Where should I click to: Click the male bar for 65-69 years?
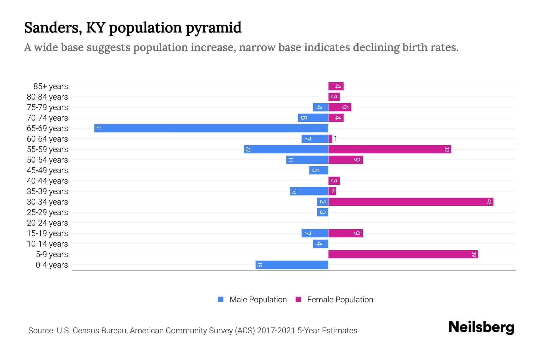(211, 128)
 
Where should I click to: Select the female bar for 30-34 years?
(411, 202)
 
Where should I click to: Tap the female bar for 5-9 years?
(403, 254)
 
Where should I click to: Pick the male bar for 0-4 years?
(292, 265)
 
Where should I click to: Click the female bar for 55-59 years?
(389, 149)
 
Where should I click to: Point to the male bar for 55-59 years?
(286, 149)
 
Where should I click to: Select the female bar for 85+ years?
(336, 86)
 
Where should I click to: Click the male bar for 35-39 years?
(309, 191)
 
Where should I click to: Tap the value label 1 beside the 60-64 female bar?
(335, 139)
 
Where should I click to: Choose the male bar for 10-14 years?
(320, 244)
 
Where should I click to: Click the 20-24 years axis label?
(47, 223)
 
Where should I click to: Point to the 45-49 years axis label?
(47, 170)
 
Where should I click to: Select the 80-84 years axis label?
(47, 97)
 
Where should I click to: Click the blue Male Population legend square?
(221, 299)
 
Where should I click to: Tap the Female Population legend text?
(340, 299)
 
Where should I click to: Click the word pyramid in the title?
(213, 28)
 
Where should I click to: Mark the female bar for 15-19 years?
(345, 233)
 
